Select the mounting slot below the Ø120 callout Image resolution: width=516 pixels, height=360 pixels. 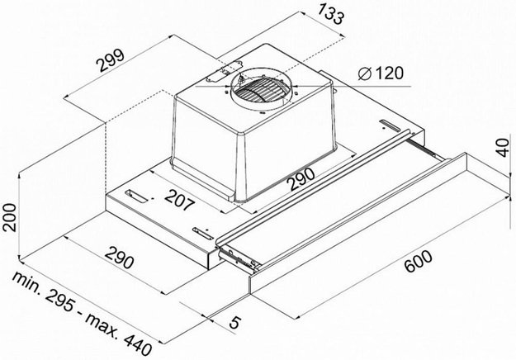click(x=388, y=126)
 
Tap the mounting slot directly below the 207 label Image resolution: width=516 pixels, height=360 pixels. click(x=201, y=230)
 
